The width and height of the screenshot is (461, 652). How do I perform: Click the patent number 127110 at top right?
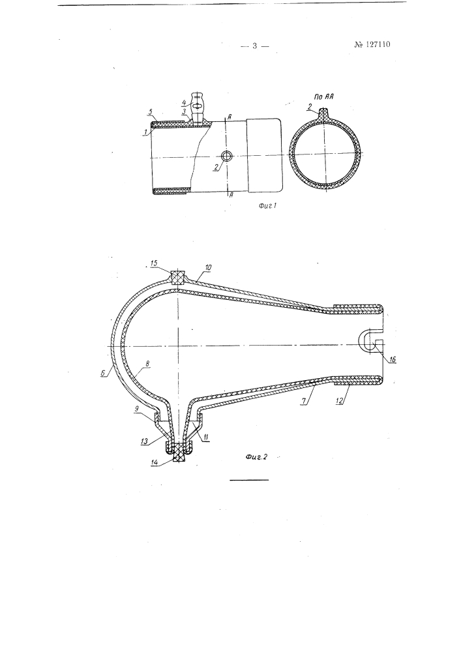click(372, 44)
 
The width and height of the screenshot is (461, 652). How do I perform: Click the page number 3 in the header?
click(255, 46)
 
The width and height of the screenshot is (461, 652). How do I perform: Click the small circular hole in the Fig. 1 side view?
click(227, 156)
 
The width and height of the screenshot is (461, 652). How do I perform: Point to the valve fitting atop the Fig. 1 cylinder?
click(198, 108)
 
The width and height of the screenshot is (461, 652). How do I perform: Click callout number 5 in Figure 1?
click(151, 112)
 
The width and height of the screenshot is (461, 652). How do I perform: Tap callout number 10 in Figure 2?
click(208, 267)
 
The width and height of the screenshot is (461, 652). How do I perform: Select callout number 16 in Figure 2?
click(393, 360)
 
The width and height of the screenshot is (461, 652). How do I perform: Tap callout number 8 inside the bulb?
click(147, 363)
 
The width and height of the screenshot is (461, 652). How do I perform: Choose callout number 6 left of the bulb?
click(102, 374)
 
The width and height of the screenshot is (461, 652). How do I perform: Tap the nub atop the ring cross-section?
click(324, 112)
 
